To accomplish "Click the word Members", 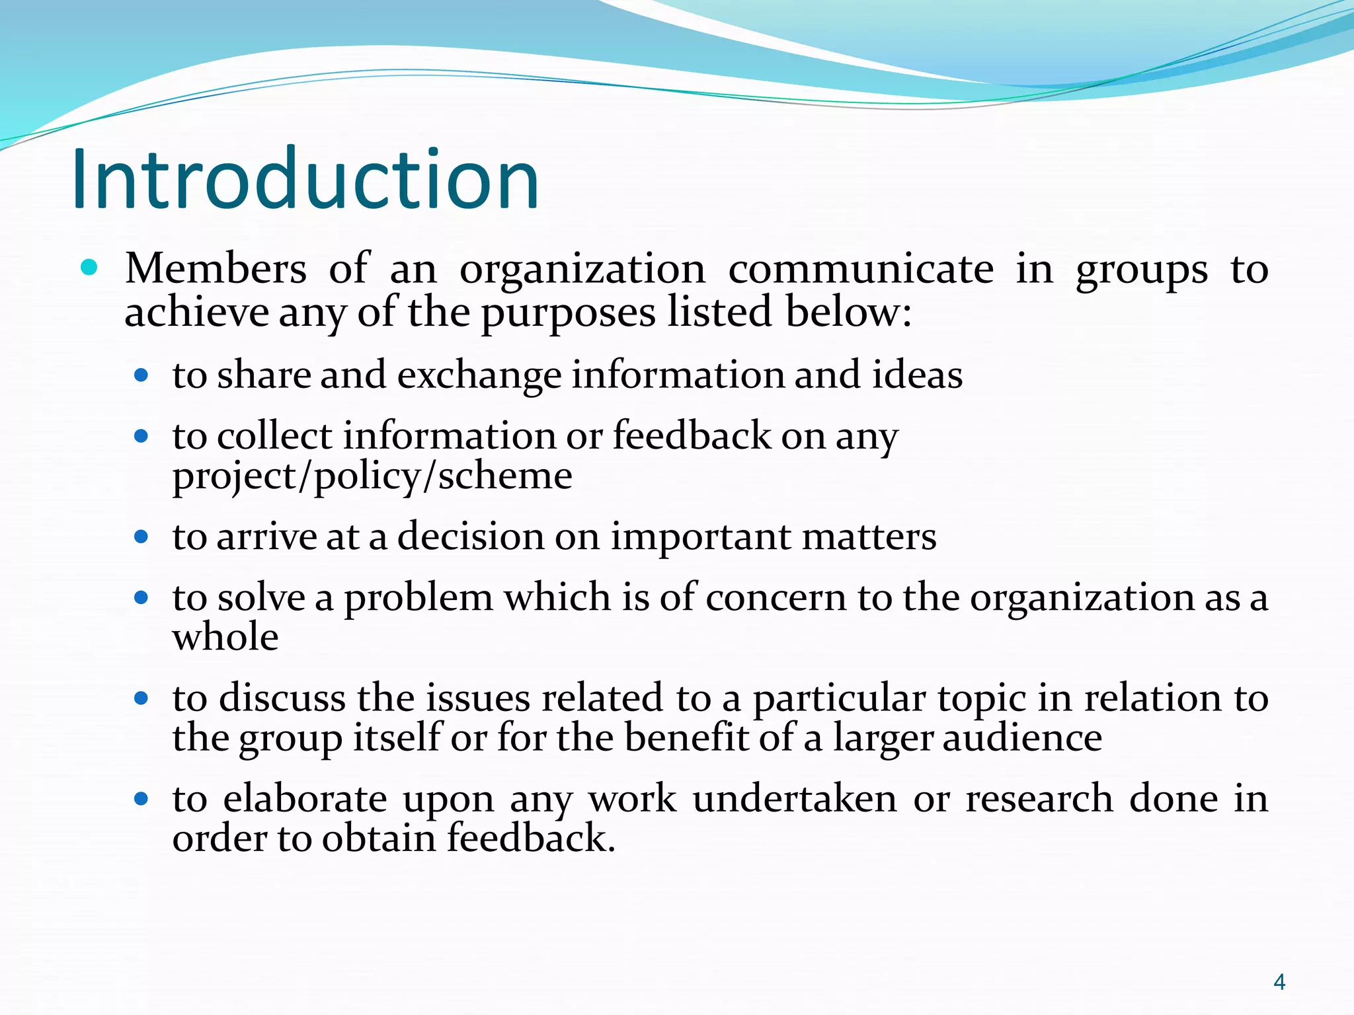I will (216, 270).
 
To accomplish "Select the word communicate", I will (861, 270).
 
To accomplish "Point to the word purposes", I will (568, 313).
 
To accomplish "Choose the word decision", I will (470, 537).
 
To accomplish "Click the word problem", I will (418, 598).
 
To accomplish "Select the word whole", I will (225, 638).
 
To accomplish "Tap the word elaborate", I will (305, 800).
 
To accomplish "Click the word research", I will (1039, 800).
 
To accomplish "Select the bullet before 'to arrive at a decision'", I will (141, 537).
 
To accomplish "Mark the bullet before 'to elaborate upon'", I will (141, 799).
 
